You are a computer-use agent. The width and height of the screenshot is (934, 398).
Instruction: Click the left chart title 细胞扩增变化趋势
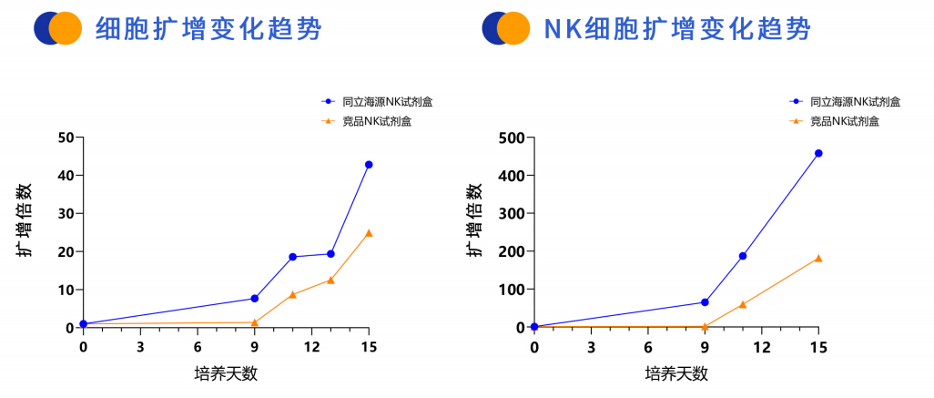click(x=208, y=28)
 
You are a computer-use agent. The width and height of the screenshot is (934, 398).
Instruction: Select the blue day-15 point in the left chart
click(x=369, y=165)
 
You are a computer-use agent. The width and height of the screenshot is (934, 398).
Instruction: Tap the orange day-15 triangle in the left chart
click(x=369, y=232)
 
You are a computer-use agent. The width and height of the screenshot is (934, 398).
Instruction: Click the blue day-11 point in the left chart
click(x=292, y=257)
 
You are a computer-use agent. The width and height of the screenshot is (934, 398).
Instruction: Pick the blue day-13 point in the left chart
click(x=330, y=254)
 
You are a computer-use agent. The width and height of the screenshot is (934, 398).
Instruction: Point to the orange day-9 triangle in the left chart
click(x=254, y=322)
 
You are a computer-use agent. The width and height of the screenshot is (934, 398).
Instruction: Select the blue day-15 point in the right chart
click(x=818, y=153)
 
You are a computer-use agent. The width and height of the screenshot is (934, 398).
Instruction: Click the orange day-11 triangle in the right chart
click(x=743, y=304)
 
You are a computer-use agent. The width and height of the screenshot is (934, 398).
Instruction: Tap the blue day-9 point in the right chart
click(x=705, y=302)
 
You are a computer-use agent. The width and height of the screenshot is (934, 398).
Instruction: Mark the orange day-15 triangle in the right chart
click(x=818, y=259)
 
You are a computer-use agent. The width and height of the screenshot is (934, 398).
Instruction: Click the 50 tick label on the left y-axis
click(x=65, y=138)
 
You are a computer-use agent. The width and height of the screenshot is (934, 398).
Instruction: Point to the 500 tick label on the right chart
click(x=512, y=138)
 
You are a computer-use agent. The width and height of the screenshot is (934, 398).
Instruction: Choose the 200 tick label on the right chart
click(x=512, y=251)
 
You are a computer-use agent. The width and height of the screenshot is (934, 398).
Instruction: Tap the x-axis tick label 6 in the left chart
click(x=198, y=347)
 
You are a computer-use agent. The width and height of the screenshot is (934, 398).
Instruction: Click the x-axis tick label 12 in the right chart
click(x=762, y=347)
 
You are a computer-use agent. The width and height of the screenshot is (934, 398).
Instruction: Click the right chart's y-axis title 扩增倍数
click(x=474, y=219)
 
